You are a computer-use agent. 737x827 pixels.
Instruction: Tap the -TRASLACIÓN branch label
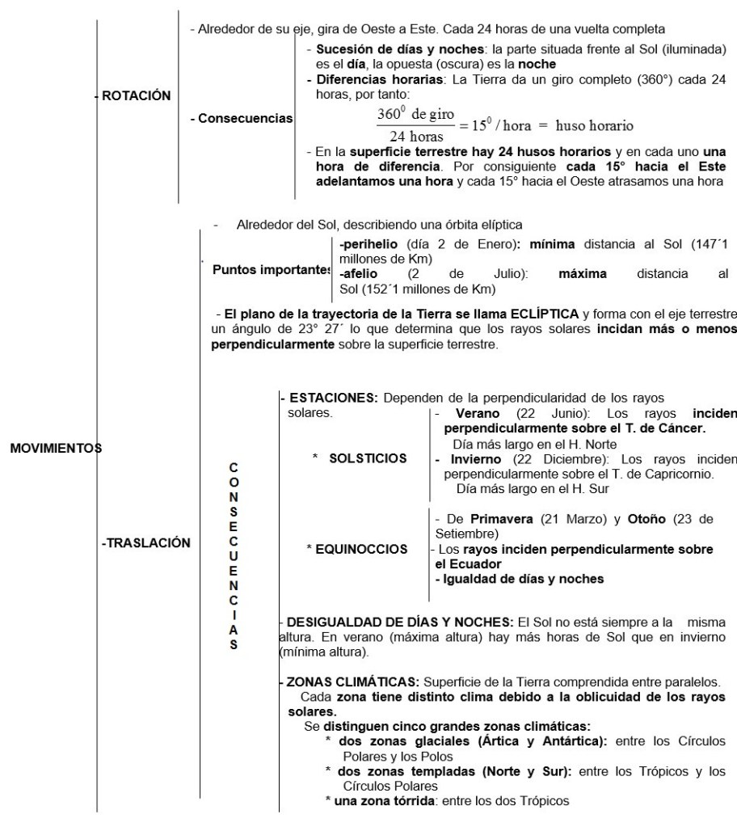(146, 543)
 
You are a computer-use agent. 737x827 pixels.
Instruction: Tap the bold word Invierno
(468, 458)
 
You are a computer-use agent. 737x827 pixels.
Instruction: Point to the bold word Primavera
(501, 519)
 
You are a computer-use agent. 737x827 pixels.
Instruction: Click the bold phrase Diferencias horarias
(373, 80)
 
